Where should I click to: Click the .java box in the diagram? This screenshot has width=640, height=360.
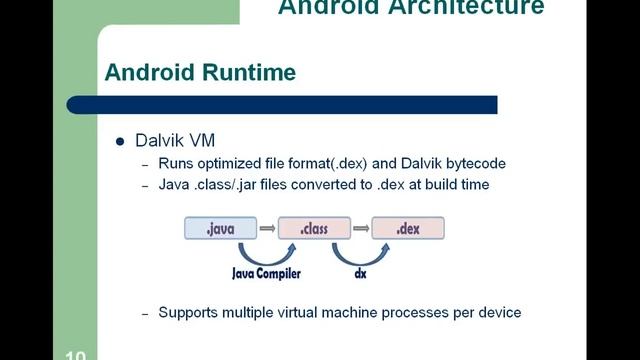click(x=220, y=229)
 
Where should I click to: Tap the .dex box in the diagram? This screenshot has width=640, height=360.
click(x=407, y=229)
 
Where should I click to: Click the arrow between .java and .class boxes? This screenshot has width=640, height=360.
click(x=266, y=229)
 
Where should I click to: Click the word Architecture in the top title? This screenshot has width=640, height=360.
click(x=479, y=8)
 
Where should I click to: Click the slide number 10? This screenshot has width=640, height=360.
click(x=76, y=354)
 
